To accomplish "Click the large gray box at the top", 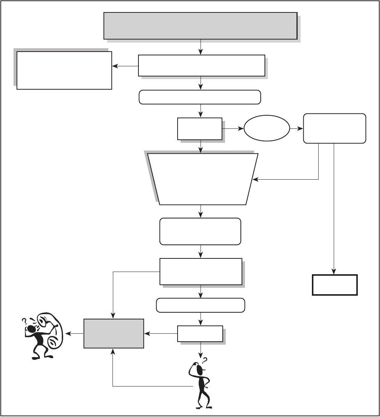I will (x=201, y=26).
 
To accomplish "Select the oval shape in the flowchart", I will (x=267, y=128).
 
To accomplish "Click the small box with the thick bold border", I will (x=334, y=285).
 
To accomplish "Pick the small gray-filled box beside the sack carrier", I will (x=114, y=333).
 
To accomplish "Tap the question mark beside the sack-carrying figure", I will (x=24, y=321).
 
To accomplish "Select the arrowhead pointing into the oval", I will (x=242, y=128).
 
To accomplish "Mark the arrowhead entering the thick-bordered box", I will (x=334, y=273).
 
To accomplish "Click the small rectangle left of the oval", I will (x=199, y=129).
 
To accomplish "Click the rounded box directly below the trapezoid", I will (x=201, y=231).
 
